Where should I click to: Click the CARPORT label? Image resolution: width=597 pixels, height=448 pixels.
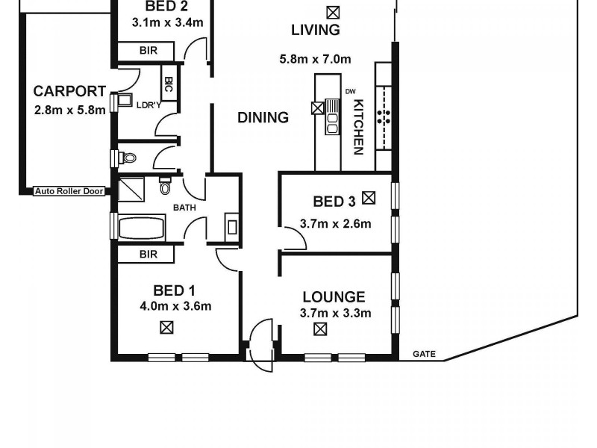pyautogui.click(x=69, y=92)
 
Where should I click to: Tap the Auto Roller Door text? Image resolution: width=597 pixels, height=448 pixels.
pyautogui.click(x=69, y=191)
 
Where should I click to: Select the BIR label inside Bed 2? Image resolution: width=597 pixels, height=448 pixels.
pyautogui.click(x=148, y=51)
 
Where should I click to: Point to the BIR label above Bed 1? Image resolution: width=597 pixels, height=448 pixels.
pyautogui.click(x=148, y=255)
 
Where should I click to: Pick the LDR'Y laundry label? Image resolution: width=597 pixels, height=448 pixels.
pyautogui.click(x=149, y=105)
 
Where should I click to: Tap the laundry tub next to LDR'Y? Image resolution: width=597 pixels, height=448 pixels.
pyautogui.click(x=123, y=101)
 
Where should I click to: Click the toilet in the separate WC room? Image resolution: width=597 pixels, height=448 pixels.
pyautogui.click(x=128, y=158)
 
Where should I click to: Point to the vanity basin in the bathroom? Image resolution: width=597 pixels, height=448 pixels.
pyautogui.click(x=231, y=226)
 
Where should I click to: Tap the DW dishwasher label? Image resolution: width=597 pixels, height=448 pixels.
pyautogui.click(x=350, y=92)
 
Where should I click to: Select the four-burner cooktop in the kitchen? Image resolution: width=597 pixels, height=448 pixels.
pyautogui.click(x=385, y=116)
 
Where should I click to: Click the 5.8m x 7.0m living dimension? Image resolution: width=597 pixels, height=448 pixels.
pyautogui.click(x=316, y=59)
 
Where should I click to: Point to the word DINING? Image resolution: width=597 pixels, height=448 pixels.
pyautogui.click(x=263, y=117)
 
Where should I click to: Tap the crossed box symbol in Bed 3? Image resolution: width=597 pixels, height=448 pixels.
pyautogui.click(x=368, y=198)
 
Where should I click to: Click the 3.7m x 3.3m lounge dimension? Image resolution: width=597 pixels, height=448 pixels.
pyautogui.click(x=335, y=313)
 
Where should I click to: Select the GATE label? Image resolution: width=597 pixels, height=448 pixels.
pyautogui.click(x=424, y=355)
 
